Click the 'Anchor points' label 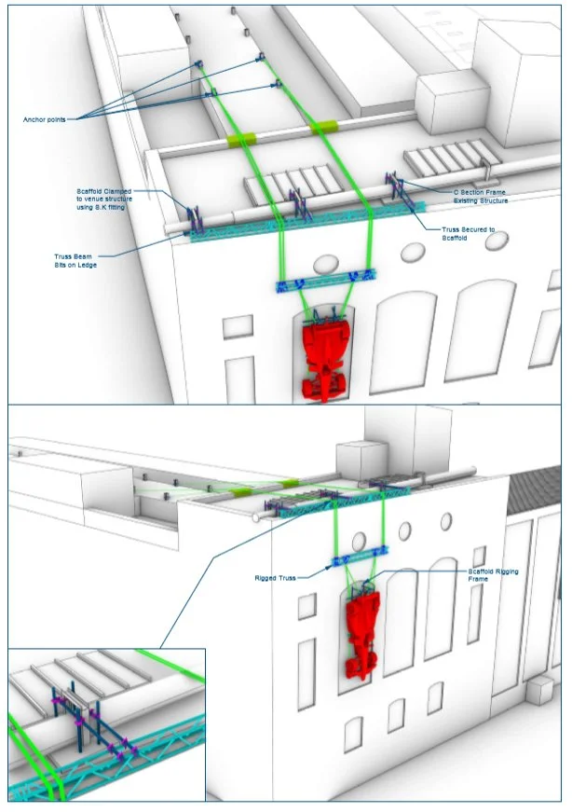(x=45, y=119)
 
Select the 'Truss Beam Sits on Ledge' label (x=75, y=260)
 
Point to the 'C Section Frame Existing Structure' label (x=481, y=197)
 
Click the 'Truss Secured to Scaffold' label (x=468, y=234)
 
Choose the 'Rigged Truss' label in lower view (x=276, y=578)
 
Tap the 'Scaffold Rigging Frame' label (x=493, y=575)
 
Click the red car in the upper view (x=325, y=357)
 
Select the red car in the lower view (x=362, y=631)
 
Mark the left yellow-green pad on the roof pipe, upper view (x=241, y=139)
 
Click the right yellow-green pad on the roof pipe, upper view (x=323, y=126)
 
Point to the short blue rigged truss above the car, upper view (x=326, y=281)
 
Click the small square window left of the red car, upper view (x=238, y=326)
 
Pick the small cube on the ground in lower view (x=540, y=691)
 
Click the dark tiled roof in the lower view (x=533, y=489)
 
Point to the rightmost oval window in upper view (x=497, y=240)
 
